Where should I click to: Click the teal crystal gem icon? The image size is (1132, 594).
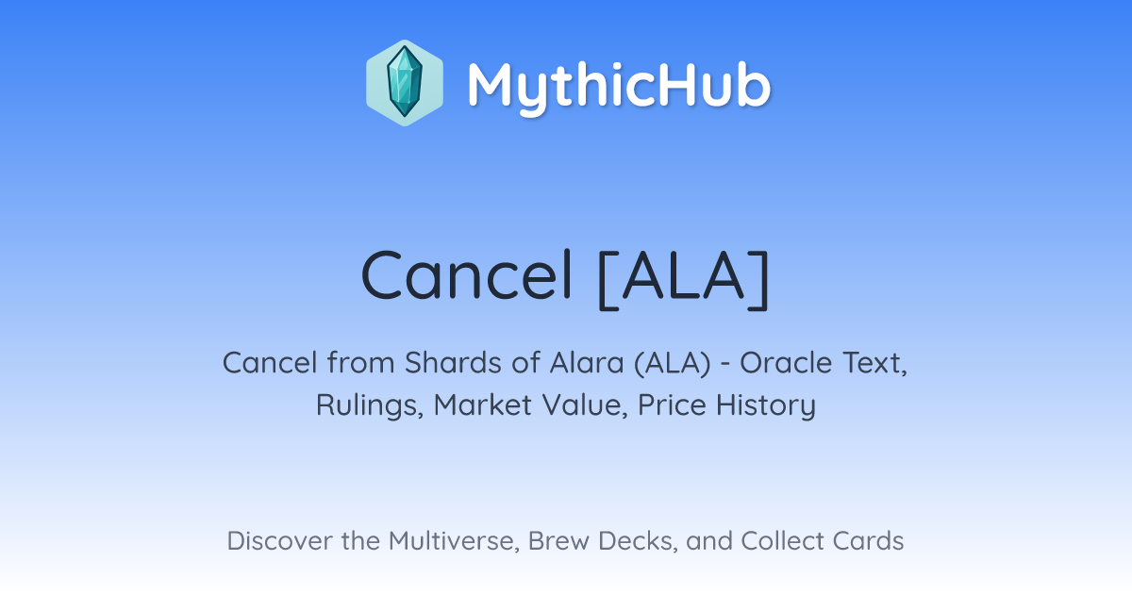pos(405,82)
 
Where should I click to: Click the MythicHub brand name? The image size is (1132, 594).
pos(619,87)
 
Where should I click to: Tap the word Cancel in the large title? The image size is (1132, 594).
pos(467,275)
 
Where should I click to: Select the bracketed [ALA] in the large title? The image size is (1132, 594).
pos(684,278)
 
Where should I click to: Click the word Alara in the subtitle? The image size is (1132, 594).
pos(587,363)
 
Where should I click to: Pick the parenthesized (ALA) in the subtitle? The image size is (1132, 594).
pos(672,364)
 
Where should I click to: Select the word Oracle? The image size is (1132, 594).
pos(786,363)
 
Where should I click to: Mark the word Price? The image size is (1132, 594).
pos(672,405)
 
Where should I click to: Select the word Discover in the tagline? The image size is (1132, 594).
pos(279,540)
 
